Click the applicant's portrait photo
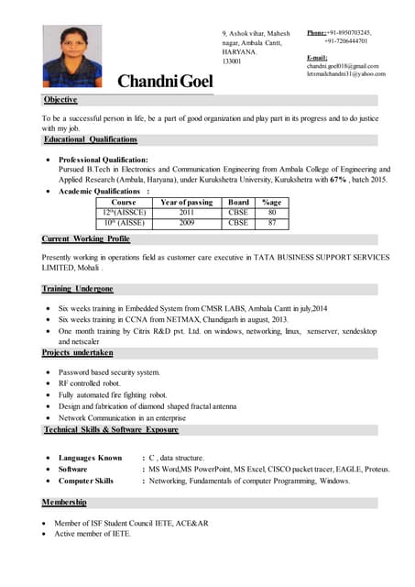click(72, 56)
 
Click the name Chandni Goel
click(165, 82)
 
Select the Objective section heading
click(60, 99)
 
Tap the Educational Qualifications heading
click(90, 139)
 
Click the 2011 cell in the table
click(186, 212)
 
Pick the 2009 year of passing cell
click(186, 223)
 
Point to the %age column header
click(271, 202)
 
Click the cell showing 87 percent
click(271, 223)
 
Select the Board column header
click(238, 202)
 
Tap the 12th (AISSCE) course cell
click(123, 212)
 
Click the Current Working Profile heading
click(86, 238)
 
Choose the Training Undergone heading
click(77, 289)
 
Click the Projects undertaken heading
click(78, 352)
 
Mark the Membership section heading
click(64, 502)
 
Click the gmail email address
click(342, 66)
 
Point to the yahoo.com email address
click(345, 73)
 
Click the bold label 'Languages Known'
click(90, 458)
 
